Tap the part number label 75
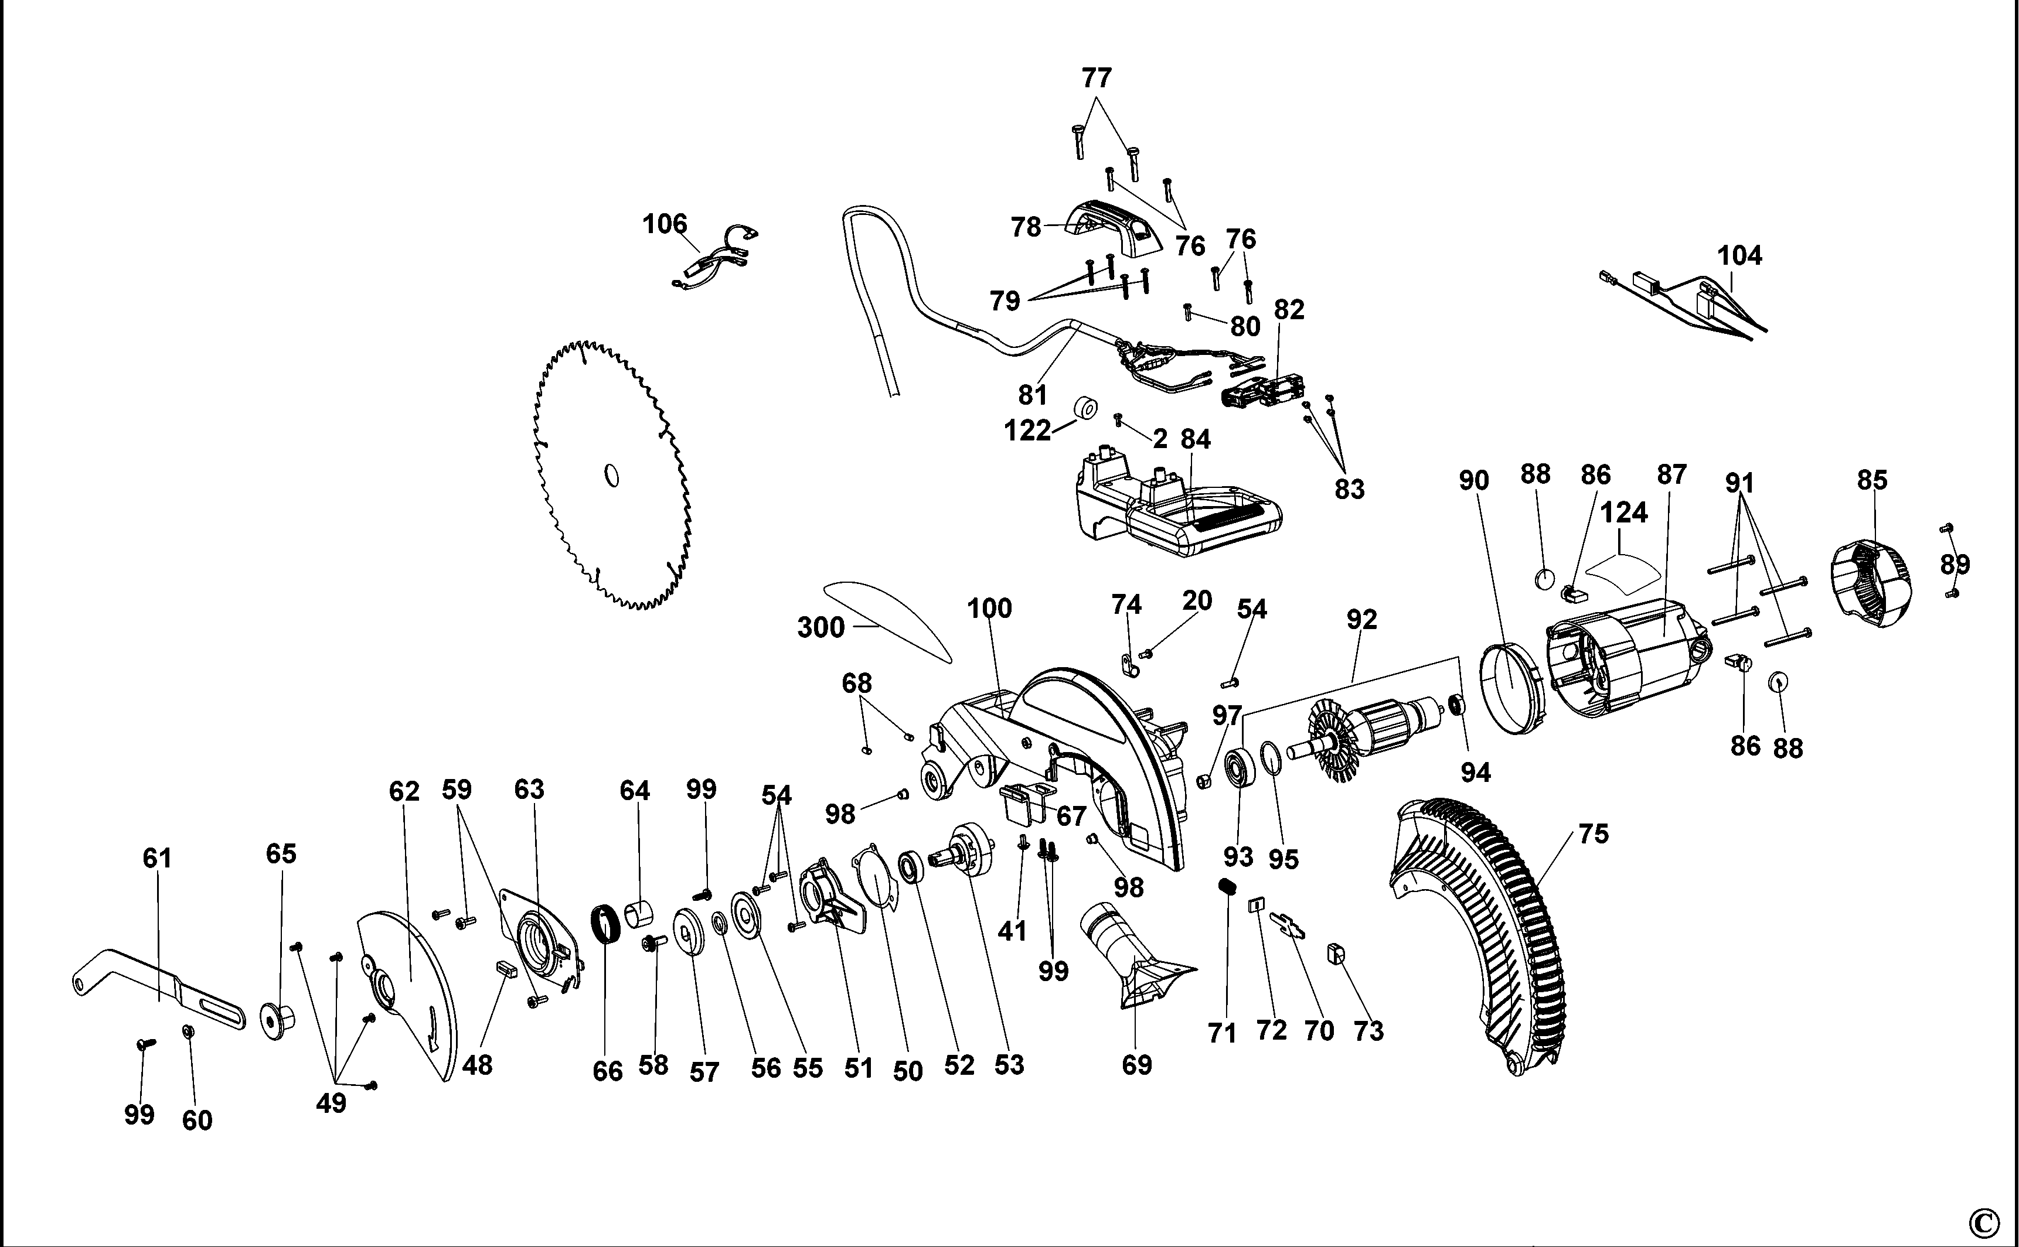coord(1594,834)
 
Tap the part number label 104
coord(1739,256)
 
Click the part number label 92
coord(1361,619)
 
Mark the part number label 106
coord(664,224)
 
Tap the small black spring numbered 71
coord(1225,887)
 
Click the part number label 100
coord(989,609)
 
